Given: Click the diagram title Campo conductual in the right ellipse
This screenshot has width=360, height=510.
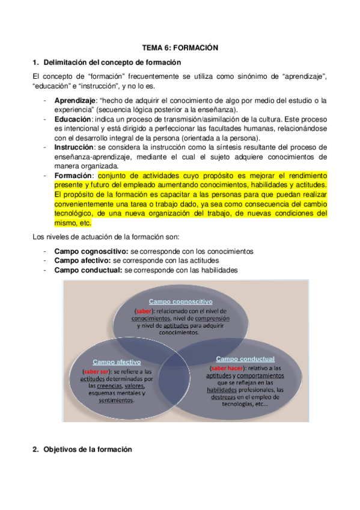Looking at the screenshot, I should [x=245, y=358].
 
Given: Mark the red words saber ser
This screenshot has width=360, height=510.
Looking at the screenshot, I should [x=97, y=371].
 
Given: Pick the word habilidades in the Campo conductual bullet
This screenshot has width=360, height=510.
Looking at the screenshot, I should [x=220, y=270].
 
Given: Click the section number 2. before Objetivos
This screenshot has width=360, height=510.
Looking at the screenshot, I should [x=35, y=449].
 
